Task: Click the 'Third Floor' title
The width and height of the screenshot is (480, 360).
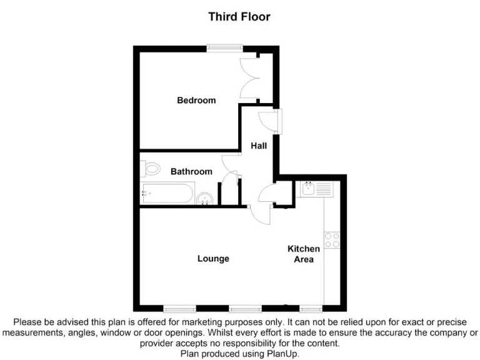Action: (x=239, y=17)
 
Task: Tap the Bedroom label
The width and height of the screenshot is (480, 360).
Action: (x=196, y=100)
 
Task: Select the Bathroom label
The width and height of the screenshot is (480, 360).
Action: (x=191, y=171)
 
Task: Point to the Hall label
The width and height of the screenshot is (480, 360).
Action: (x=259, y=146)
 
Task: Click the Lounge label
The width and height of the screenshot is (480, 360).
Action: (x=213, y=258)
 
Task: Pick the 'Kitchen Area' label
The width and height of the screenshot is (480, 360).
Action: (x=304, y=254)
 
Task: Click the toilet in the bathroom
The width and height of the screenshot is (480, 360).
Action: (x=150, y=169)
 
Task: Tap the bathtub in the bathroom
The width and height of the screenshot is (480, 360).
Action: (x=167, y=193)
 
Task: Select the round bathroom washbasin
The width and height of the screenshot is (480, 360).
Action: (x=205, y=199)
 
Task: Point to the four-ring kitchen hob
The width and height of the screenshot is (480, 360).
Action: (x=331, y=241)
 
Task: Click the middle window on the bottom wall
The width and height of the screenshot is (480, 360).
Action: (x=245, y=308)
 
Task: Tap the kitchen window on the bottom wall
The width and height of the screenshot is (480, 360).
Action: (x=311, y=308)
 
